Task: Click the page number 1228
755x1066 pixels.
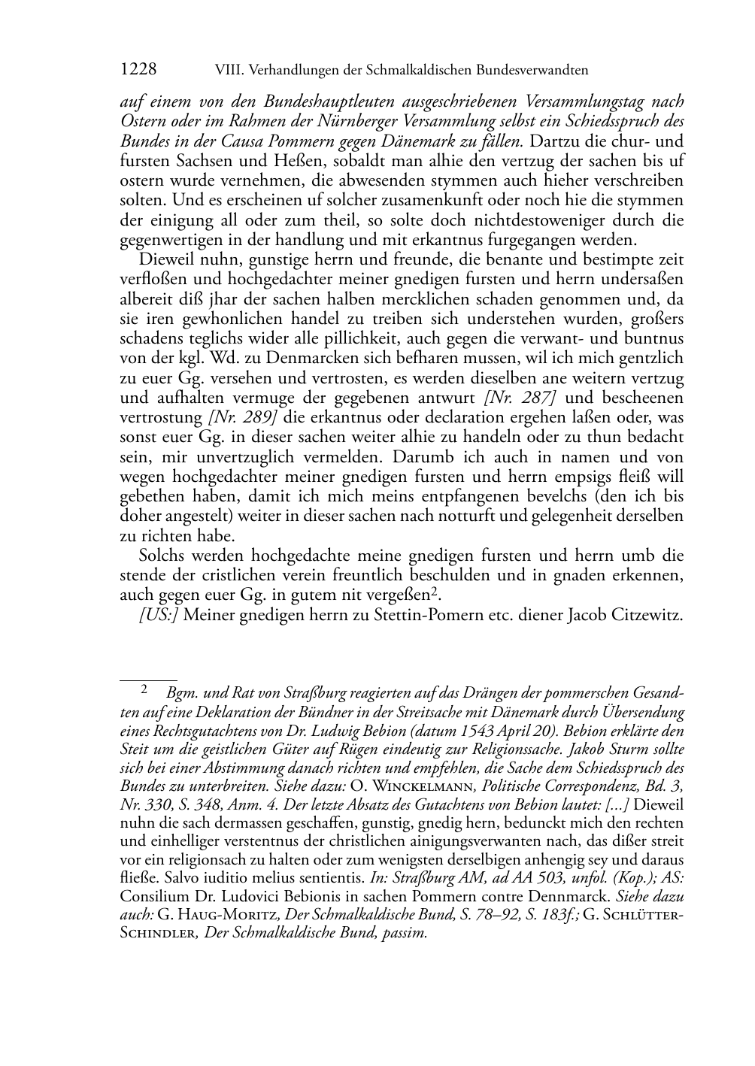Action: [x=138, y=69]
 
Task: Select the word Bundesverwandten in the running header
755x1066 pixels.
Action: [x=532, y=70]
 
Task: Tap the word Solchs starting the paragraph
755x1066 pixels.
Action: [x=161, y=556]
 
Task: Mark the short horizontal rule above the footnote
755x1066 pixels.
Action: [x=148, y=679]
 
